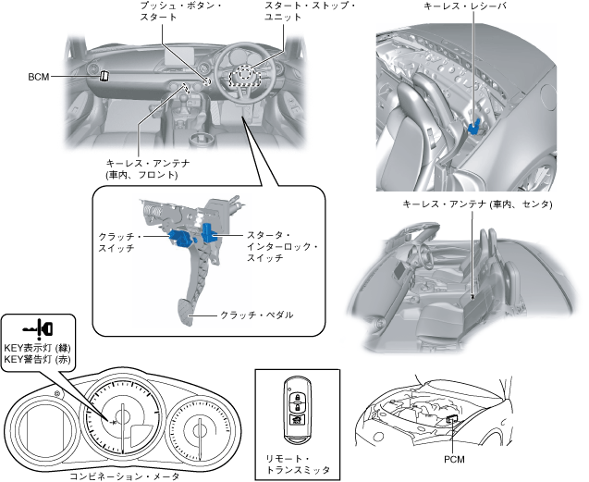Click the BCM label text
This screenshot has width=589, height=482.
coord(39,78)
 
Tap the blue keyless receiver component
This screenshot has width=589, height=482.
coord(476,121)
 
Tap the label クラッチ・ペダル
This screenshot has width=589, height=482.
coord(256,315)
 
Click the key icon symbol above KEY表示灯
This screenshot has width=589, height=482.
coord(37,328)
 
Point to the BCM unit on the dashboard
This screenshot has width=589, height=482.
coord(104,77)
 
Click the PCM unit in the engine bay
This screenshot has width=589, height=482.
coord(453,420)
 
